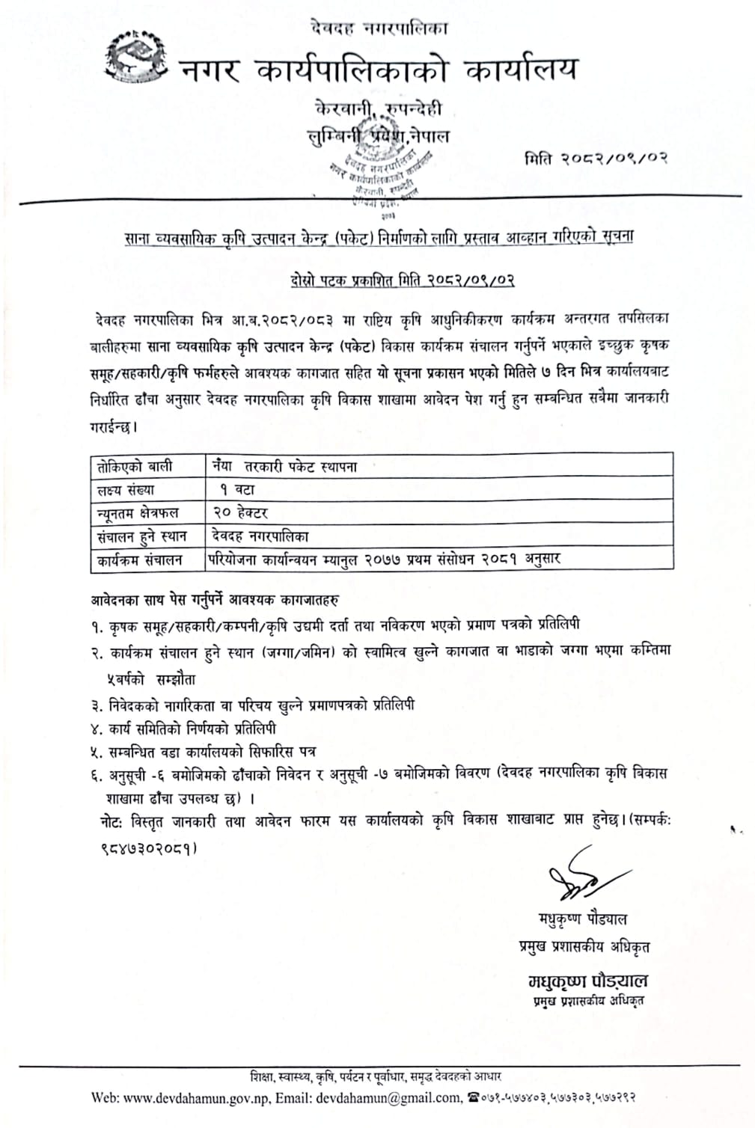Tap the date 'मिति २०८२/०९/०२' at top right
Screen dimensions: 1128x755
tap(596, 159)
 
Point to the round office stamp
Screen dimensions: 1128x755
tap(383, 178)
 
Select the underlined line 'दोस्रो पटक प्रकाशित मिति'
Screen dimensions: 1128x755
tap(402, 281)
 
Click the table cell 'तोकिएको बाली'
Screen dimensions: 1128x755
tap(135, 467)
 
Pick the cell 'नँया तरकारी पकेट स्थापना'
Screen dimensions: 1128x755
tap(284, 467)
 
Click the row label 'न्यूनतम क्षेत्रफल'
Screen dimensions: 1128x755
tap(141, 513)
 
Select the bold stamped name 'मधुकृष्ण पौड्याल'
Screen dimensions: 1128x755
tap(588, 981)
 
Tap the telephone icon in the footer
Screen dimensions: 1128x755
tap(473, 1097)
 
